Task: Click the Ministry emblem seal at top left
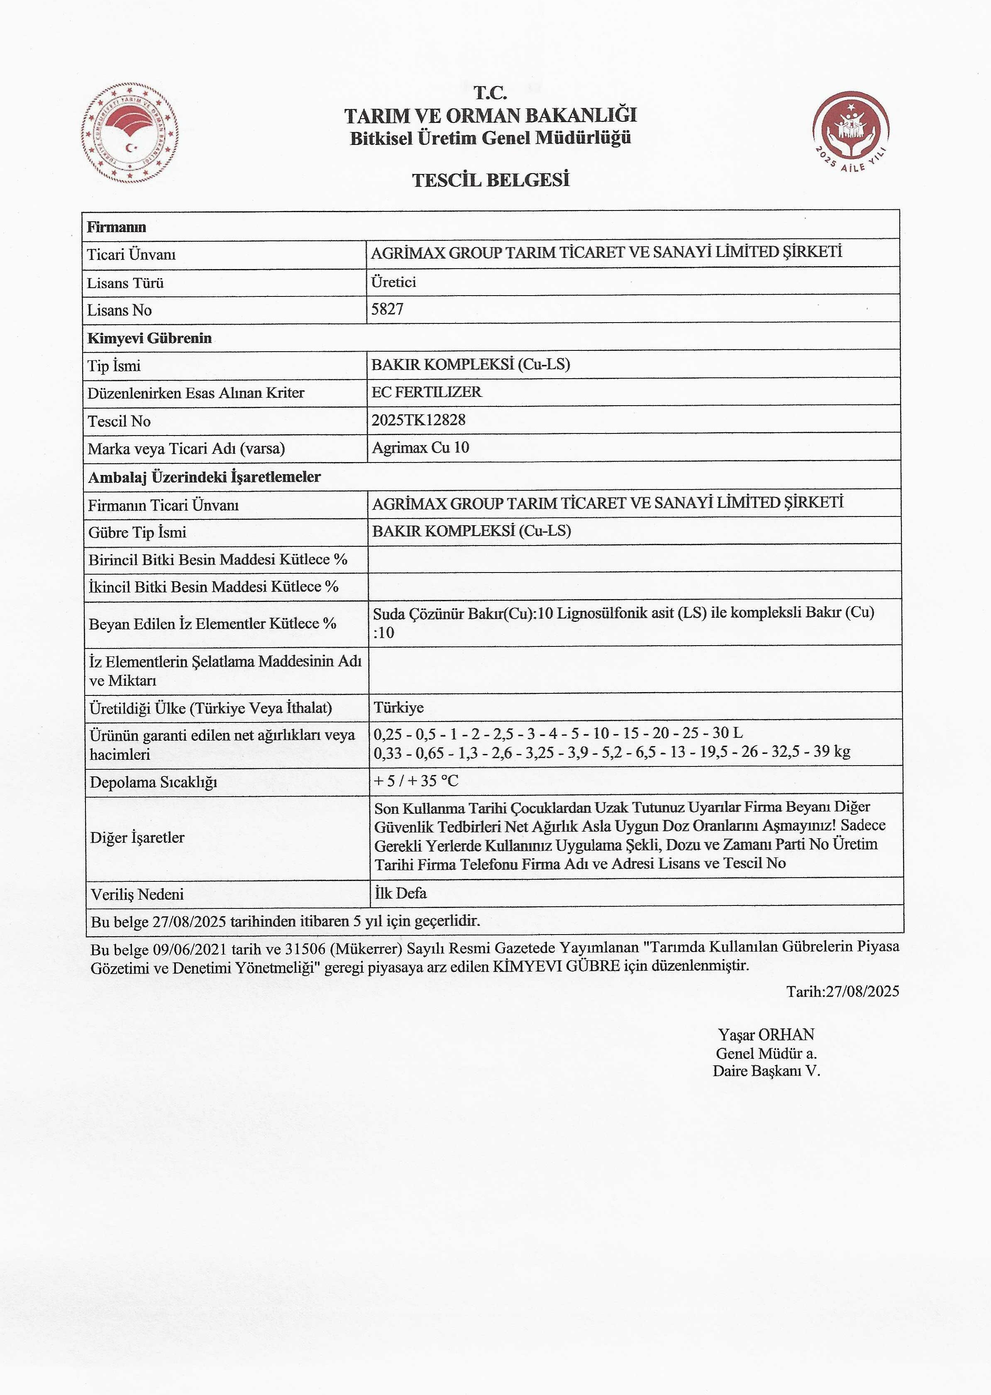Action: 130,133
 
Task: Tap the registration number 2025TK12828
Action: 419,420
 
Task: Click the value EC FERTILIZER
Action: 427,392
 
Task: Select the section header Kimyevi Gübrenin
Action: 149,338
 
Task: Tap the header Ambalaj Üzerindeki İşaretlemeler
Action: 205,477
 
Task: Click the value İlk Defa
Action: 400,893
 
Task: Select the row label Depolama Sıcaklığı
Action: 153,782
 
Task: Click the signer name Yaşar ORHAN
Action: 766,1035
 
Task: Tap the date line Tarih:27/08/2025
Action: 842,991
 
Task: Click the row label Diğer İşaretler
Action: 137,837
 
